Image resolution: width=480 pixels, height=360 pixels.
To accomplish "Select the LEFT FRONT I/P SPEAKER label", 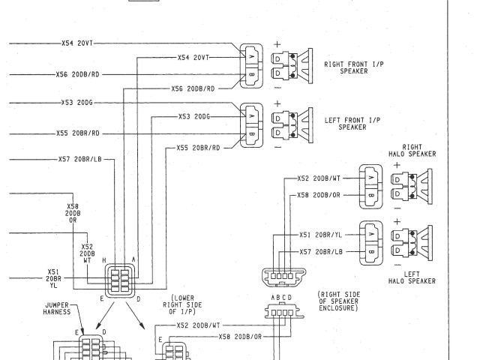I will click(x=351, y=124).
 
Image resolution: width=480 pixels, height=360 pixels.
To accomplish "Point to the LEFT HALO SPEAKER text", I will click(x=414, y=277).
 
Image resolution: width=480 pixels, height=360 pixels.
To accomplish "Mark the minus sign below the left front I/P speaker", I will click(x=277, y=147).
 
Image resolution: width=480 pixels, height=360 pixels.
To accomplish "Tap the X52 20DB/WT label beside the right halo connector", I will click(x=319, y=178).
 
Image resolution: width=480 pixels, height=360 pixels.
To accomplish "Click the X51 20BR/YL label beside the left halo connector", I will click(x=321, y=233).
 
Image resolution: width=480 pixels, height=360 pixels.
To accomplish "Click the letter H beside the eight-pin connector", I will click(x=104, y=259).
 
